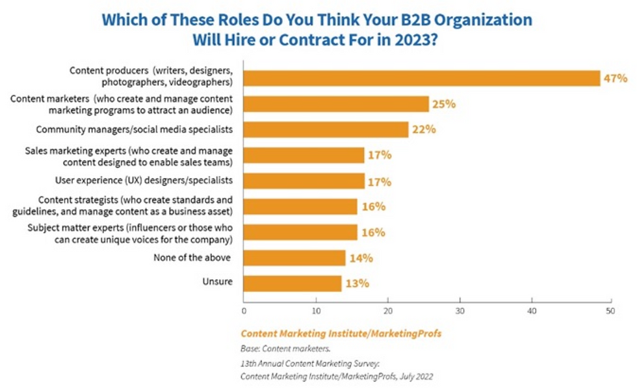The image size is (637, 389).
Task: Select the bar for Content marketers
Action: point(336,104)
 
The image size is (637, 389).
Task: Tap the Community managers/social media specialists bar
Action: point(326,129)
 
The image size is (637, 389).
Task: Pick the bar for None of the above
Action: point(294,258)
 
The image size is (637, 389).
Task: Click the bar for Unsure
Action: point(292,284)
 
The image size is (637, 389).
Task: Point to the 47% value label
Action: point(614,78)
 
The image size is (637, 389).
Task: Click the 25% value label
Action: point(443,104)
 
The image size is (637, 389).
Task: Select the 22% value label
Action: point(422,129)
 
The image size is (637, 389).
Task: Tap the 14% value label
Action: point(360,258)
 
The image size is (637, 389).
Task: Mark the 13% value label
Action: point(356,284)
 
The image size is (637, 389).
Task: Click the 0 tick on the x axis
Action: point(244,311)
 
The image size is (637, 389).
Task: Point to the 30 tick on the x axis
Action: point(460,311)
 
